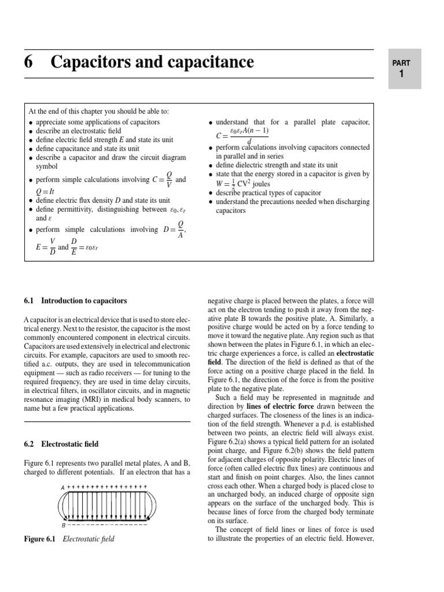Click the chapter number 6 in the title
28,62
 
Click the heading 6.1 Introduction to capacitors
76,301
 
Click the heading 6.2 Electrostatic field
61,444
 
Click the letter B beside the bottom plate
63,526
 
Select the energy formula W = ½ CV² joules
240,183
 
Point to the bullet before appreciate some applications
30,123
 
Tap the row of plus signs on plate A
107,488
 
